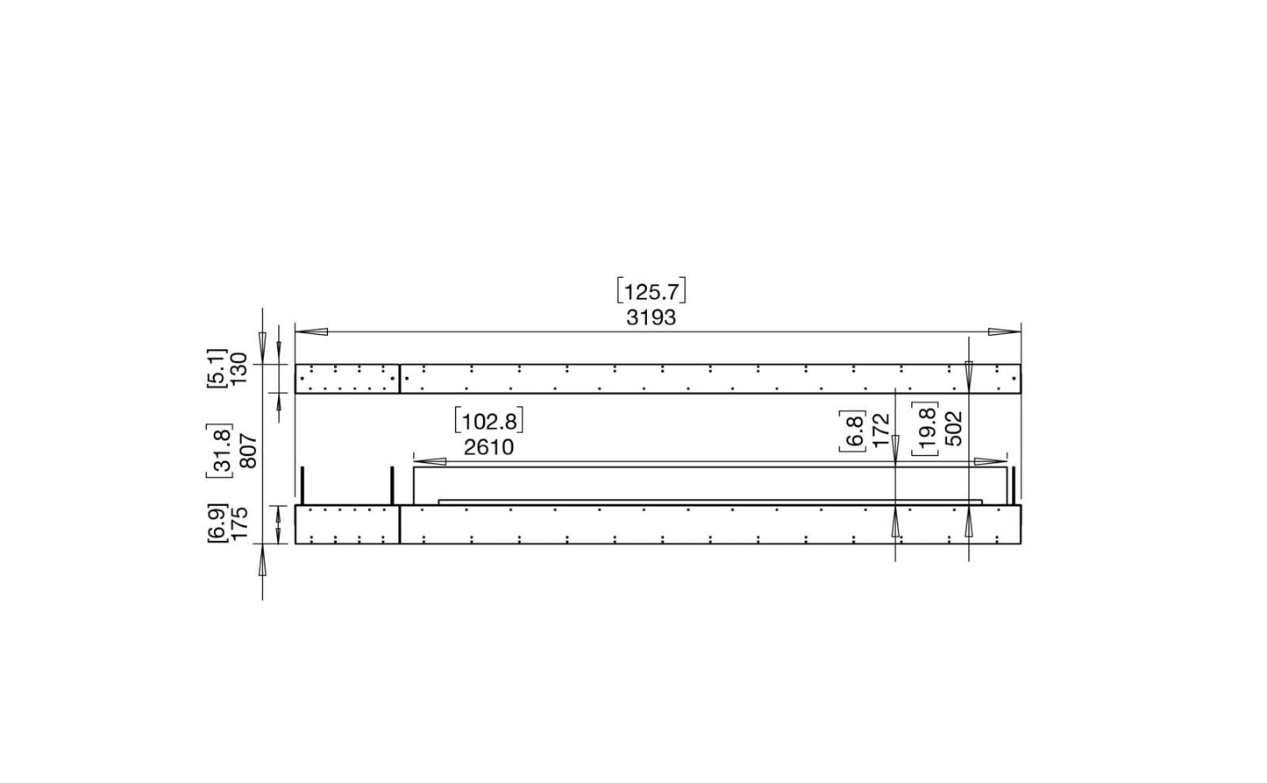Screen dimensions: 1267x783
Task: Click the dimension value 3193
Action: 651,318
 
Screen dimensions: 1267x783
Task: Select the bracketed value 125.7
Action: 651,291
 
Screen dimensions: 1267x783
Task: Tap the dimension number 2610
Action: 488,447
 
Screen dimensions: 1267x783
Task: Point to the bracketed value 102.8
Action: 488,421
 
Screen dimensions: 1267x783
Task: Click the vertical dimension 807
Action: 249,451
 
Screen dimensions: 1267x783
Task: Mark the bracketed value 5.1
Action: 217,368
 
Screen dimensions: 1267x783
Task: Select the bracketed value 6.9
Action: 217,523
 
